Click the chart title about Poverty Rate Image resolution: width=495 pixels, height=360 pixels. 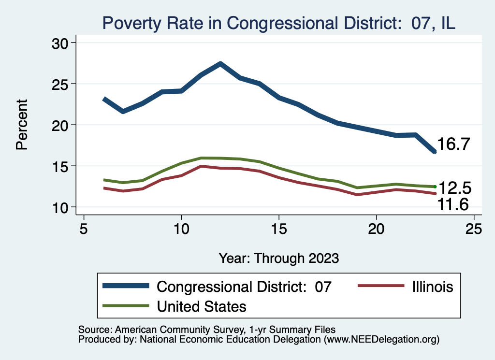278,23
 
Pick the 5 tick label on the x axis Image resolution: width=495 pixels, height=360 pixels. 84,229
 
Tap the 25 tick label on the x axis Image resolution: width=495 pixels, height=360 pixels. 474,229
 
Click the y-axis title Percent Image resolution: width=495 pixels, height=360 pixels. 22,125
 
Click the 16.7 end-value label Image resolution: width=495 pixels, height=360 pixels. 453,144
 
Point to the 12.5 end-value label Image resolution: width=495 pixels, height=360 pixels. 453,188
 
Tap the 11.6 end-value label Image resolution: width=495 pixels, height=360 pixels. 453,205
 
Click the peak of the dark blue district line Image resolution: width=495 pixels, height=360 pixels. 220,63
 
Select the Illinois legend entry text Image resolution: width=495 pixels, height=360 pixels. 432,287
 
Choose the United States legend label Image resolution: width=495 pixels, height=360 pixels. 201,306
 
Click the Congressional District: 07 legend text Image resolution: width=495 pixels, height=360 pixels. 244,287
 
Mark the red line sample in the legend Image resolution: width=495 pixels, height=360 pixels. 380,287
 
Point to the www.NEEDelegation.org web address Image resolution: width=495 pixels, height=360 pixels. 382,339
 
